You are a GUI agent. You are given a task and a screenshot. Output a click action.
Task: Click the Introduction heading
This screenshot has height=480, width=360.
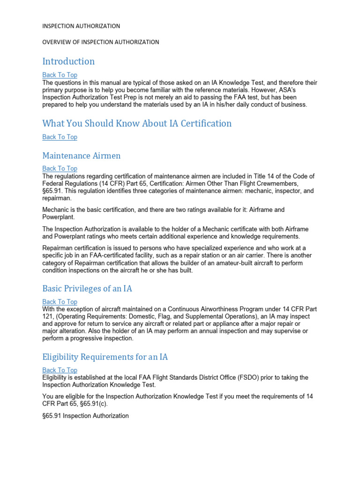point(68,61)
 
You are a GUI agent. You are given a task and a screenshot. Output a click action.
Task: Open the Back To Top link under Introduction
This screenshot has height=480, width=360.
point(60,75)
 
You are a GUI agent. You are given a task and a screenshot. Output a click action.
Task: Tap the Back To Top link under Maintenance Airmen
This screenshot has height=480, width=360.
point(60,169)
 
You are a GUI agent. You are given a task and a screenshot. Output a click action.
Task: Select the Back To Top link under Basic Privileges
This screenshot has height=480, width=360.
point(60,302)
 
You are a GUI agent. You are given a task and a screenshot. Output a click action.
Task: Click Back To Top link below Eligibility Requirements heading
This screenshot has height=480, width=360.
point(60,370)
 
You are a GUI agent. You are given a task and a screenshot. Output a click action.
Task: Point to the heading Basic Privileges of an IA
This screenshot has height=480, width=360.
point(87,289)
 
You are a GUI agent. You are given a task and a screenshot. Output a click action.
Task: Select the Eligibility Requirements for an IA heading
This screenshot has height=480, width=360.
point(105,357)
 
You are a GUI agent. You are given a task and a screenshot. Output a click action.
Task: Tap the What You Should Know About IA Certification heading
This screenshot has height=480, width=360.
point(137,124)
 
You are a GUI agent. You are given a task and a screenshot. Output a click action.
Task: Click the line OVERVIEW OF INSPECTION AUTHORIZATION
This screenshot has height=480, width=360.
point(101,42)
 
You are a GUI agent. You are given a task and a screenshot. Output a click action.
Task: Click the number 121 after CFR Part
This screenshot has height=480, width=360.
point(48,317)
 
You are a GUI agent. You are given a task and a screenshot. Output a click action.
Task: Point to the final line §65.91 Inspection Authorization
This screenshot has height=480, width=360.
point(85,416)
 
